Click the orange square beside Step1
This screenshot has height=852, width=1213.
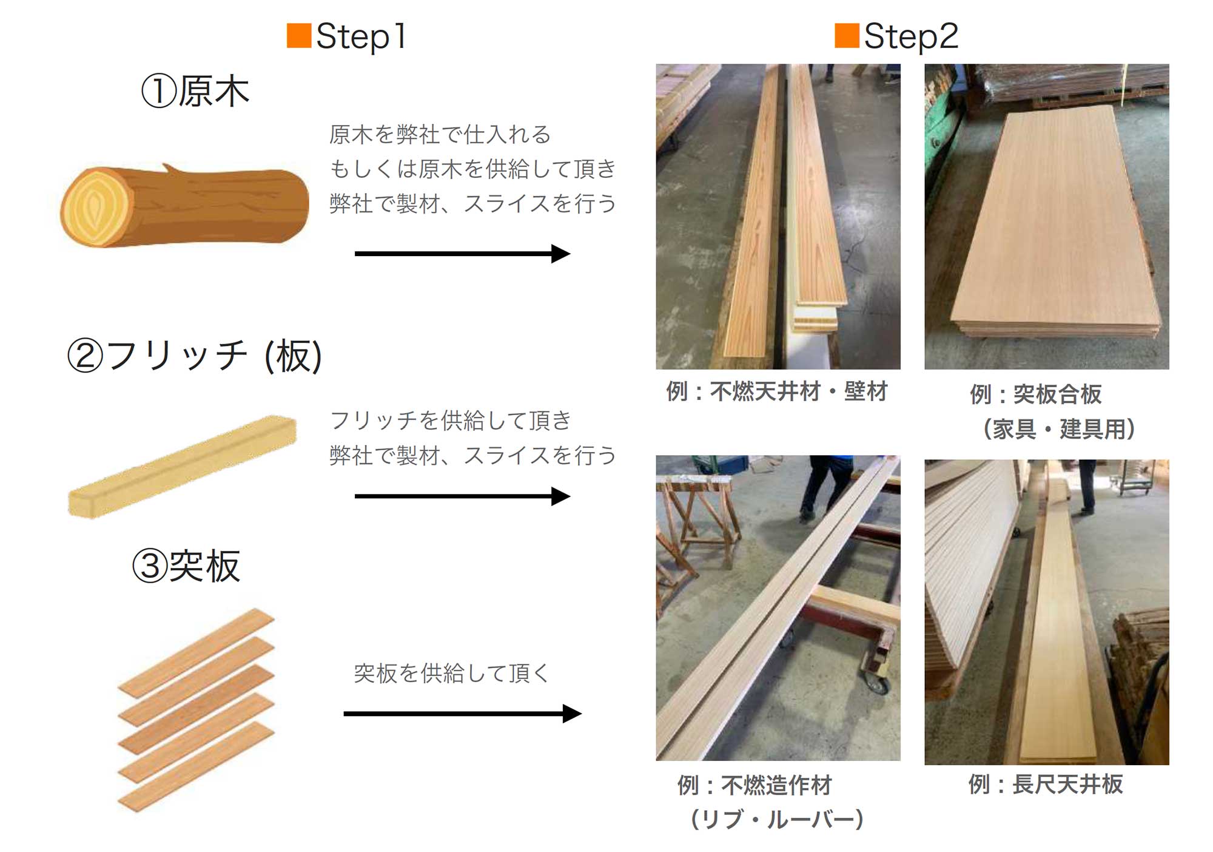point(299,35)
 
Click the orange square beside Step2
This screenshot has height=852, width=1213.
point(847,35)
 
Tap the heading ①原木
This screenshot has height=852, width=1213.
point(195,91)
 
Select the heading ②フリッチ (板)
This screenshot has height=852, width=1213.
point(195,356)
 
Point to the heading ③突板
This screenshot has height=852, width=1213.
point(186,566)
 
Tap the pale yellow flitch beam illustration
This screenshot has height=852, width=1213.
point(182,466)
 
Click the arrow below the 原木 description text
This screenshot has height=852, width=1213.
point(462,254)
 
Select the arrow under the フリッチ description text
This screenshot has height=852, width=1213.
point(462,496)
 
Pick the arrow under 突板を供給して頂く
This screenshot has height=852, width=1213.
point(463,714)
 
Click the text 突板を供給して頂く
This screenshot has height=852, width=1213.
point(451,673)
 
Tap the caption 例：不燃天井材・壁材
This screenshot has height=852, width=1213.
point(777,391)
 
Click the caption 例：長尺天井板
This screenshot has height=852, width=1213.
point(1046,784)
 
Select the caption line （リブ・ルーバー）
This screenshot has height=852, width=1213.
point(777,819)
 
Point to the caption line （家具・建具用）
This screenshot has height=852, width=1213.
point(1058,429)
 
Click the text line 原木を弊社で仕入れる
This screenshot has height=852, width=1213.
point(440,134)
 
